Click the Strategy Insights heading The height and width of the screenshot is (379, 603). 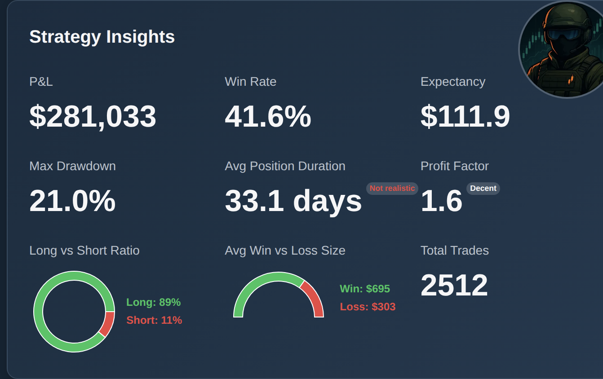[102, 37]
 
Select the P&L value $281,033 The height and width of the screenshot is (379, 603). [93, 117]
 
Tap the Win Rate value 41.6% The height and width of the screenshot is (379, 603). [268, 117]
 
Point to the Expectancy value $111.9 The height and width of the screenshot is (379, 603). [465, 117]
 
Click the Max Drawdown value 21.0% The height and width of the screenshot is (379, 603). [72, 201]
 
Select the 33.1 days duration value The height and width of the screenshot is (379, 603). [293, 201]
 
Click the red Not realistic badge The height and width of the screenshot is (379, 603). [392, 189]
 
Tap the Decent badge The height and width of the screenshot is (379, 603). [483, 189]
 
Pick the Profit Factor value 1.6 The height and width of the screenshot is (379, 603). [441, 201]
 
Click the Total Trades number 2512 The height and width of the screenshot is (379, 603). [454, 285]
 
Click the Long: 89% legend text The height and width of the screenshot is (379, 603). [153, 302]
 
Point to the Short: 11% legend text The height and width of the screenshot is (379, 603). [154, 320]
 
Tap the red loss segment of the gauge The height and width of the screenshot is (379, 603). [313, 299]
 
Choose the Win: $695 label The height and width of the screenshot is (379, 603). [365, 289]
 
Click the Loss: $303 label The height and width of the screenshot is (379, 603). [368, 307]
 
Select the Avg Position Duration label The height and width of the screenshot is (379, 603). [285, 166]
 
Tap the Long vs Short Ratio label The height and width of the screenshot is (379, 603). [84, 251]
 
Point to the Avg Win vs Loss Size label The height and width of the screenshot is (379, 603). [285, 251]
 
